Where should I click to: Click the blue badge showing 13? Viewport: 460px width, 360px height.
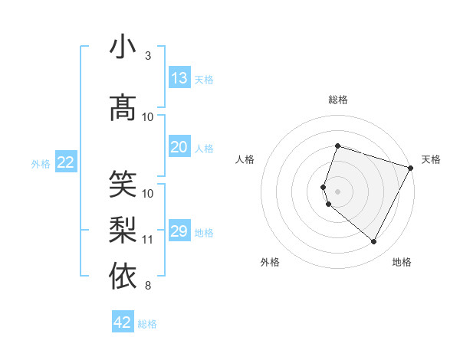pyautogui.click(x=179, y=78)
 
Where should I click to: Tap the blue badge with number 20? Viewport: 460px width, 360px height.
pyautogui.click(x=179, y=148)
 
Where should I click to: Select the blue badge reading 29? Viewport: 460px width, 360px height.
pyautogui.click(x=179, y=231)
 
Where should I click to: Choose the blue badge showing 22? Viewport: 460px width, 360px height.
pyautogui.click(x=66, y=162)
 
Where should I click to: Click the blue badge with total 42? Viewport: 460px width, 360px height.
pyautogui.click(x=123, y=322)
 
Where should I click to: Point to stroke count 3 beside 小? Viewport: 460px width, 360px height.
pyautogui.click(x=147, y=56)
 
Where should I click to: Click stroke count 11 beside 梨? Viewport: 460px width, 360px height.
pyautogui.click(x=148, y=240)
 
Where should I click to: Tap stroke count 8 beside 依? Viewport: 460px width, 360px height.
pyautogui.click(x=147, y=286)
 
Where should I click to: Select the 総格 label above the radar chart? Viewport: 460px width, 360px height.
pyautogui.click(x=337, y=100)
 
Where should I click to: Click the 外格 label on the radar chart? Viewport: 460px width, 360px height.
pyautogui.click(x=270, y=262)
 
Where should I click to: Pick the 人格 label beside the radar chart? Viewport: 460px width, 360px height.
pyautogui.click(x=245, y=159)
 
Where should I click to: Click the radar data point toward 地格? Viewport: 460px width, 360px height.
pyautogui.click(x=374, y=242)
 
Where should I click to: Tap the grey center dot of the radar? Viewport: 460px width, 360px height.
pyautogui.click(x=337, y=191)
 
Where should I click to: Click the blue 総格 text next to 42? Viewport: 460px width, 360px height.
pyautogui.click(x=147, y=324)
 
